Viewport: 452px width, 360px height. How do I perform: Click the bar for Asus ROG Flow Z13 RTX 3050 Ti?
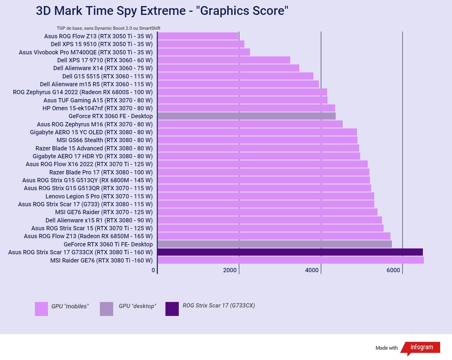point(198,36)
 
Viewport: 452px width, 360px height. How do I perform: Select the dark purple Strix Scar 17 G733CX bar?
point(290,252)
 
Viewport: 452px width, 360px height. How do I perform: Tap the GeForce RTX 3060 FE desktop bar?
point(246,116)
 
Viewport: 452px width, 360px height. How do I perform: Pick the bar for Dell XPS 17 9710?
point(224,60)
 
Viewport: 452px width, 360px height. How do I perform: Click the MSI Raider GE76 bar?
point(291,260)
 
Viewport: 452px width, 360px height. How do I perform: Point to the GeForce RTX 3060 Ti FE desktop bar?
point(274,244)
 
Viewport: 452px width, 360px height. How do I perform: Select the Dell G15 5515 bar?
point(235,76)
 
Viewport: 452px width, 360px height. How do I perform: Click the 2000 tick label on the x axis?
point(230,270)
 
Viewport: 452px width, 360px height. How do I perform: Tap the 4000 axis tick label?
point(312,270)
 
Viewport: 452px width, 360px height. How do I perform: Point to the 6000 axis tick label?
point(393,270)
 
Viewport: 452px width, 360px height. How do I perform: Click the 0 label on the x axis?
point(153,270)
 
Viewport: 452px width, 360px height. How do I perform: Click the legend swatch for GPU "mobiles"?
point(41,309)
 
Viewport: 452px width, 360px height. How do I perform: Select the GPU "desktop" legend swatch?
point(107,309)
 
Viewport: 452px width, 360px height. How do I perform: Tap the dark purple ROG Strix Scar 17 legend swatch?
point(172,309)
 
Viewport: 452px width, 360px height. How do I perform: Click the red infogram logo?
point(421,348)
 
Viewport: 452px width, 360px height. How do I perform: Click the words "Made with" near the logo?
point(386,348)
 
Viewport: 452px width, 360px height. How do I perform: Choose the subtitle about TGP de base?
point(108,28)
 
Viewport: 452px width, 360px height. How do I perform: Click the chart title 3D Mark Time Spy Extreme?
point(162,11)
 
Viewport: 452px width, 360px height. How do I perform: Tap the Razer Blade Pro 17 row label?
point(101,172)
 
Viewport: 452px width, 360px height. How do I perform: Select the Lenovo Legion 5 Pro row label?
point(99,196)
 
